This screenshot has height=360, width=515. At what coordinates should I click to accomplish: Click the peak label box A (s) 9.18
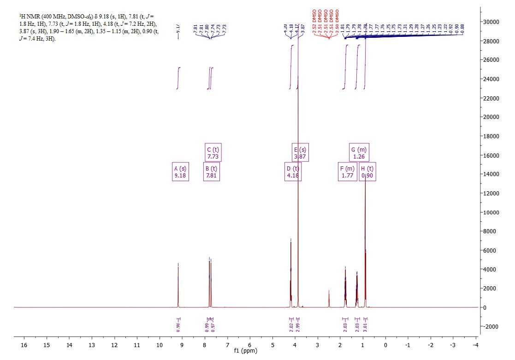(x=180, y=172)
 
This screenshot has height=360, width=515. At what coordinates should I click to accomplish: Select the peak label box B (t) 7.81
(x=211, y=172)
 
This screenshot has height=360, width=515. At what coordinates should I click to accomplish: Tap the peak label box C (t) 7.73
(x=213, y=153)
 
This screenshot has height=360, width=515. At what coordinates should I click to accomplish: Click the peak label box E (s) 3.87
(x=300, y=153)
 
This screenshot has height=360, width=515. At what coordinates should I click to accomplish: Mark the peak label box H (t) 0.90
(x=367, y=172)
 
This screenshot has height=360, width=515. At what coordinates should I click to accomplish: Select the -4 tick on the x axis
(x=476, y=344)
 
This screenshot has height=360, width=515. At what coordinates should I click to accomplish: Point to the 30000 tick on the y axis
(x=492, y=22)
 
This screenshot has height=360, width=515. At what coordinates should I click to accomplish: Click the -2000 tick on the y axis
(x=492, y=326)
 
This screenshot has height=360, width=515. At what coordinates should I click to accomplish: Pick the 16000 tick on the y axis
(x=492, y=155)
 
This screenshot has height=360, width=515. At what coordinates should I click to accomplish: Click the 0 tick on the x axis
(x=385, y=344)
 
